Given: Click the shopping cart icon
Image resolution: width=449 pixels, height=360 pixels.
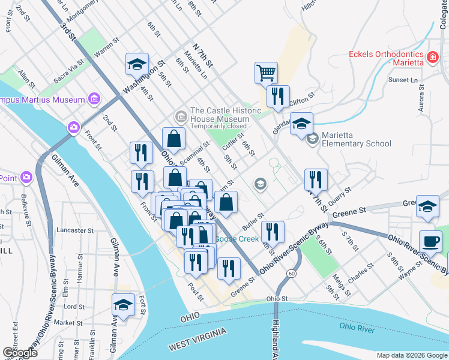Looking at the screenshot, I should [x=266, y=73].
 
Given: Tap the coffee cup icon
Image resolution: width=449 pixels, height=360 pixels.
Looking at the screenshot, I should [x=430, y=242].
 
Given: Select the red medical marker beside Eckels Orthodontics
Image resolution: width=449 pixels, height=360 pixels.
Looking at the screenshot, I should [x=432, y=58].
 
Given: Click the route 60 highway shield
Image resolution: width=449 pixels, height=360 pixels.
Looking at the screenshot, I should [x=291, y=274].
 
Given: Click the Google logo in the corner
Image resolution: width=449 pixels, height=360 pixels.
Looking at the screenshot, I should [x=20, y=353].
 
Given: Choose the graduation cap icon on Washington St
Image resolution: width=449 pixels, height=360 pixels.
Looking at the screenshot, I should [x=137, y=64].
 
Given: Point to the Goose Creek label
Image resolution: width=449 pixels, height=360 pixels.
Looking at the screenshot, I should [x=237, y=239].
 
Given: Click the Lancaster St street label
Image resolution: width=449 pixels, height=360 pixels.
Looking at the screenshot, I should [x=75, y=230].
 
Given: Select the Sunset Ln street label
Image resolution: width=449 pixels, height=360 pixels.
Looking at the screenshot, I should [x=403, y=80].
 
